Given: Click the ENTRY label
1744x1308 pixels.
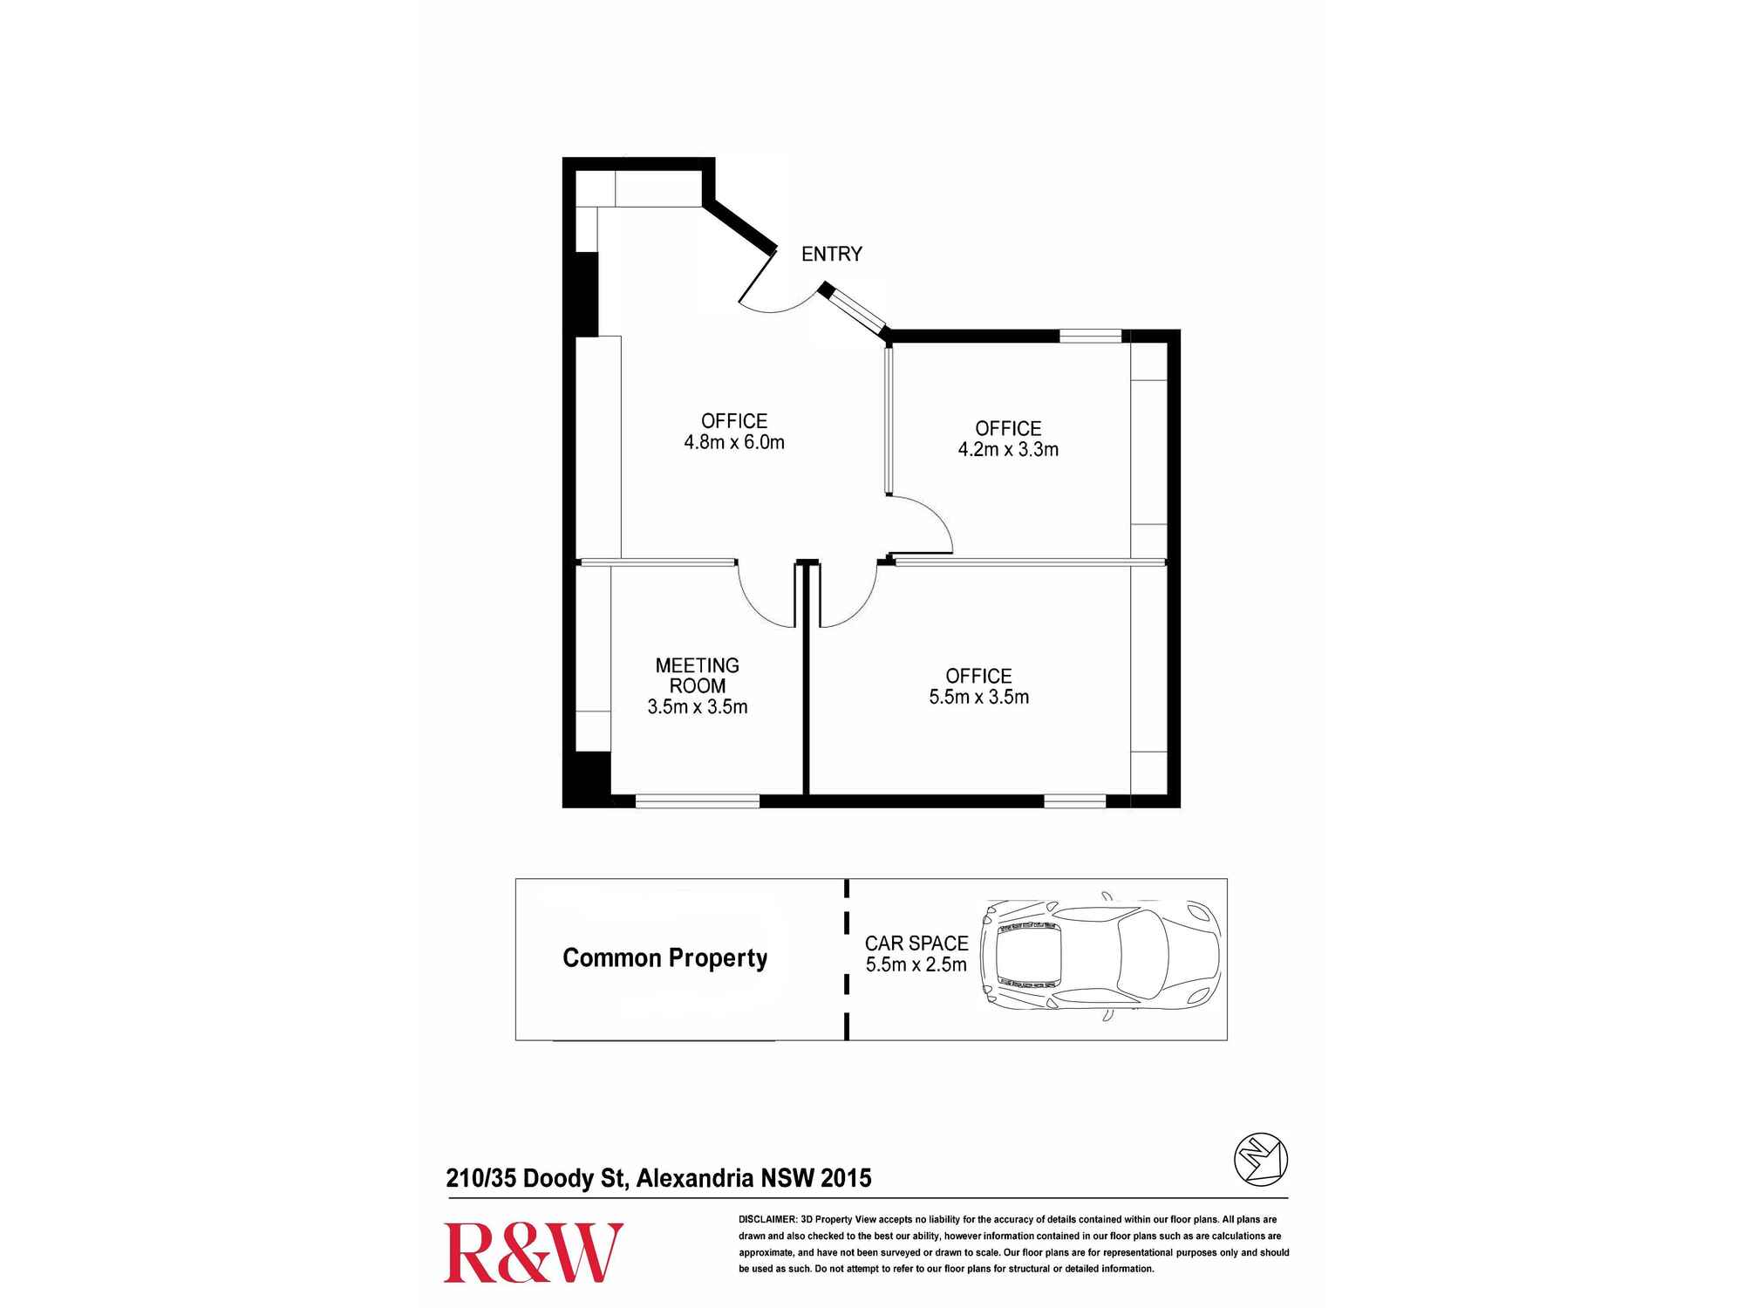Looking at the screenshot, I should tap(831, 254).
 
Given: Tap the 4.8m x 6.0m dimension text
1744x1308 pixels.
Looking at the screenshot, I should tap(734, 443).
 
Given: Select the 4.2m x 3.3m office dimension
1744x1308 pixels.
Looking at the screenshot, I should tap(1008, 450).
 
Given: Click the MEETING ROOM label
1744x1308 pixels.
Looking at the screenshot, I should tap(697, 676).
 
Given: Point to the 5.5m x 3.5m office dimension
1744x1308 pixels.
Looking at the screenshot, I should tap(978, 698).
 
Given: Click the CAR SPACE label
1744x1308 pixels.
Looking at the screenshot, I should tap(916, 944).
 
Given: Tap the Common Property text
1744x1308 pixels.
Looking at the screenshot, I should tap(664, 958).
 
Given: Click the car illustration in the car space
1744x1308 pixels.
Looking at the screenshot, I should tap(1100, 956).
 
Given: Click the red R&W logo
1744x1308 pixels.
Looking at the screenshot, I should tap(533, 1253).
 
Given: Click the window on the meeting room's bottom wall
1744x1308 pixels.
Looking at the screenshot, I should tap(697, 801).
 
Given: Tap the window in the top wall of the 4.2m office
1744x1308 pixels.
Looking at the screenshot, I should tap(1090, 336).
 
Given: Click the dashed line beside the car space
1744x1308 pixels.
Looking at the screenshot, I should tap(847, 959).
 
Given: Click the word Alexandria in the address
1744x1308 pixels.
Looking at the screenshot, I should tap(695, 1178).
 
